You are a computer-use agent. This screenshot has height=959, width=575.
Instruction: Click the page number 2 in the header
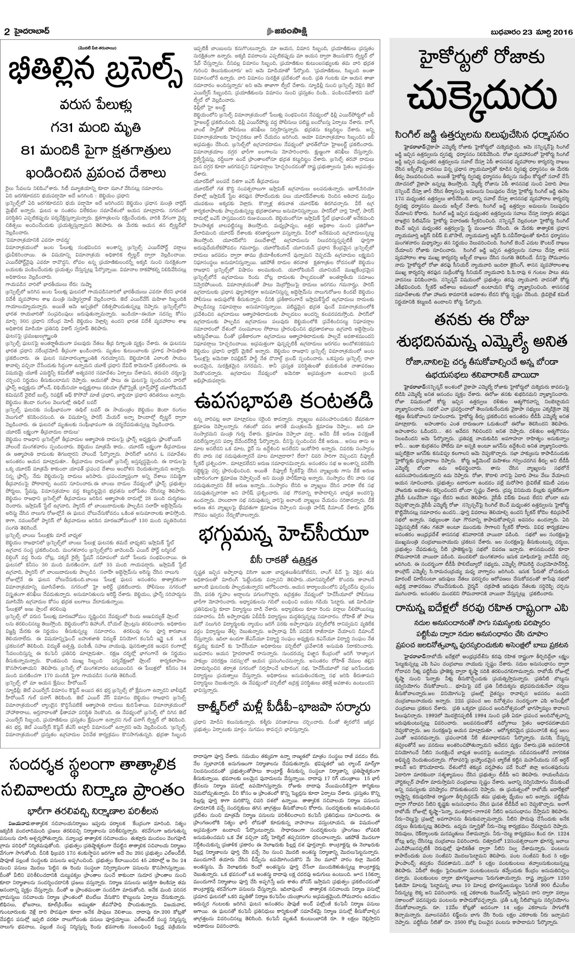(x=6, y=32)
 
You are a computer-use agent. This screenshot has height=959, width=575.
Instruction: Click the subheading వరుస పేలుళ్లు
(x=95, y=105)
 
